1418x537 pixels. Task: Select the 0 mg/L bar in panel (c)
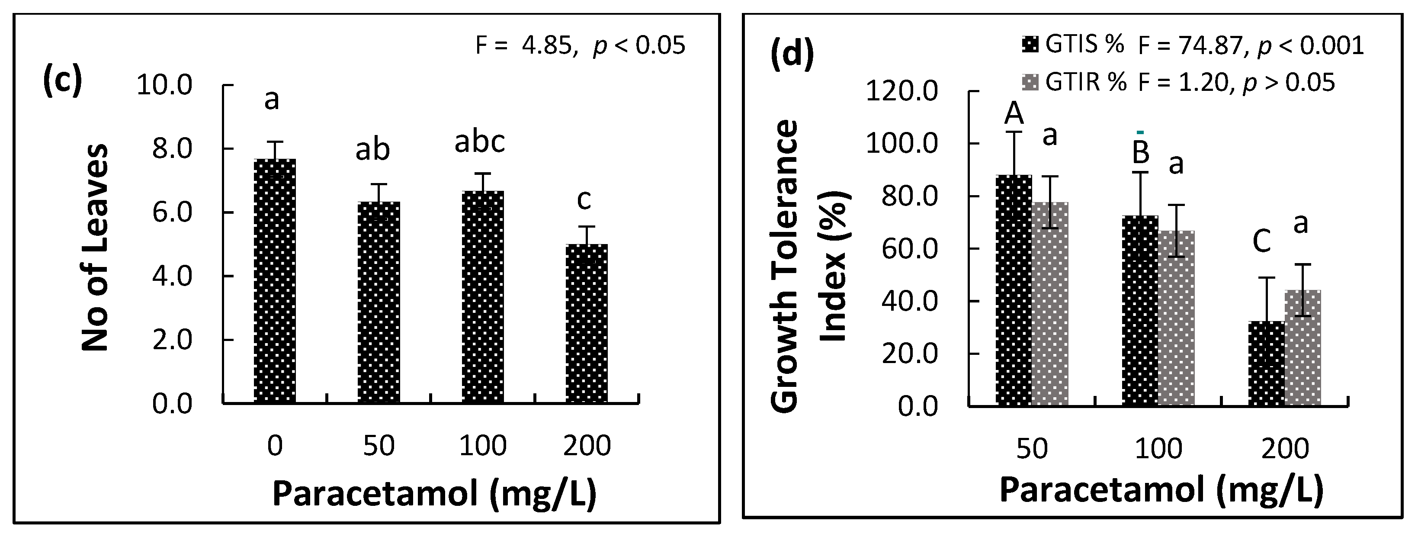coord(275,281)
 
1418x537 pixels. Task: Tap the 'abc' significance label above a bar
coord(479,141)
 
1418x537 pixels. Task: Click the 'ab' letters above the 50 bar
coord(372,150)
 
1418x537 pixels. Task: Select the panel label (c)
coord(62,80)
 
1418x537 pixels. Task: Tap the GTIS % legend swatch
coord(1030,45)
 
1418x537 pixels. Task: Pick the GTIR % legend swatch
coord(1030,83)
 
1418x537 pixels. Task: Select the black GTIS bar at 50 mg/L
coord(1014,290)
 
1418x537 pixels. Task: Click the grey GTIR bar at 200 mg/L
coord(1303,347)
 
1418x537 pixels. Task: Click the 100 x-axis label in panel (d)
coord(1158,449)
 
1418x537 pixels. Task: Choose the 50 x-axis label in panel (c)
coord(379,446)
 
